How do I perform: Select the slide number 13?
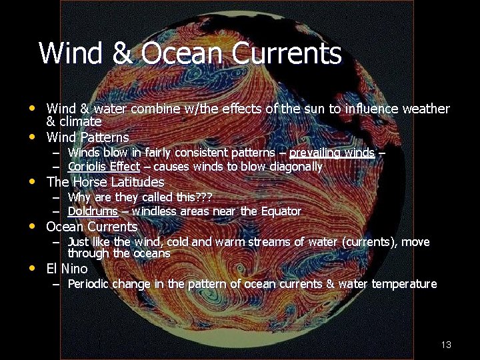point(446,345)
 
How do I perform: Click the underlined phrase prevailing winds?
point(331,153)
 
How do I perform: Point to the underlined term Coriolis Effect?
point(103,167)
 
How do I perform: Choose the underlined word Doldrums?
point(93,211)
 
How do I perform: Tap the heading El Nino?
point(67,269)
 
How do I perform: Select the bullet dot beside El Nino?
point(32,269)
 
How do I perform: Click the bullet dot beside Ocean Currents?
point(32,226)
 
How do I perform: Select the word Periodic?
point(89,284)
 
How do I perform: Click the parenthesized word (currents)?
point(370,241)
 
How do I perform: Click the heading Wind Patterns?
point(87,138)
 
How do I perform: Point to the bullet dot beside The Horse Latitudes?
point(32,181)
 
